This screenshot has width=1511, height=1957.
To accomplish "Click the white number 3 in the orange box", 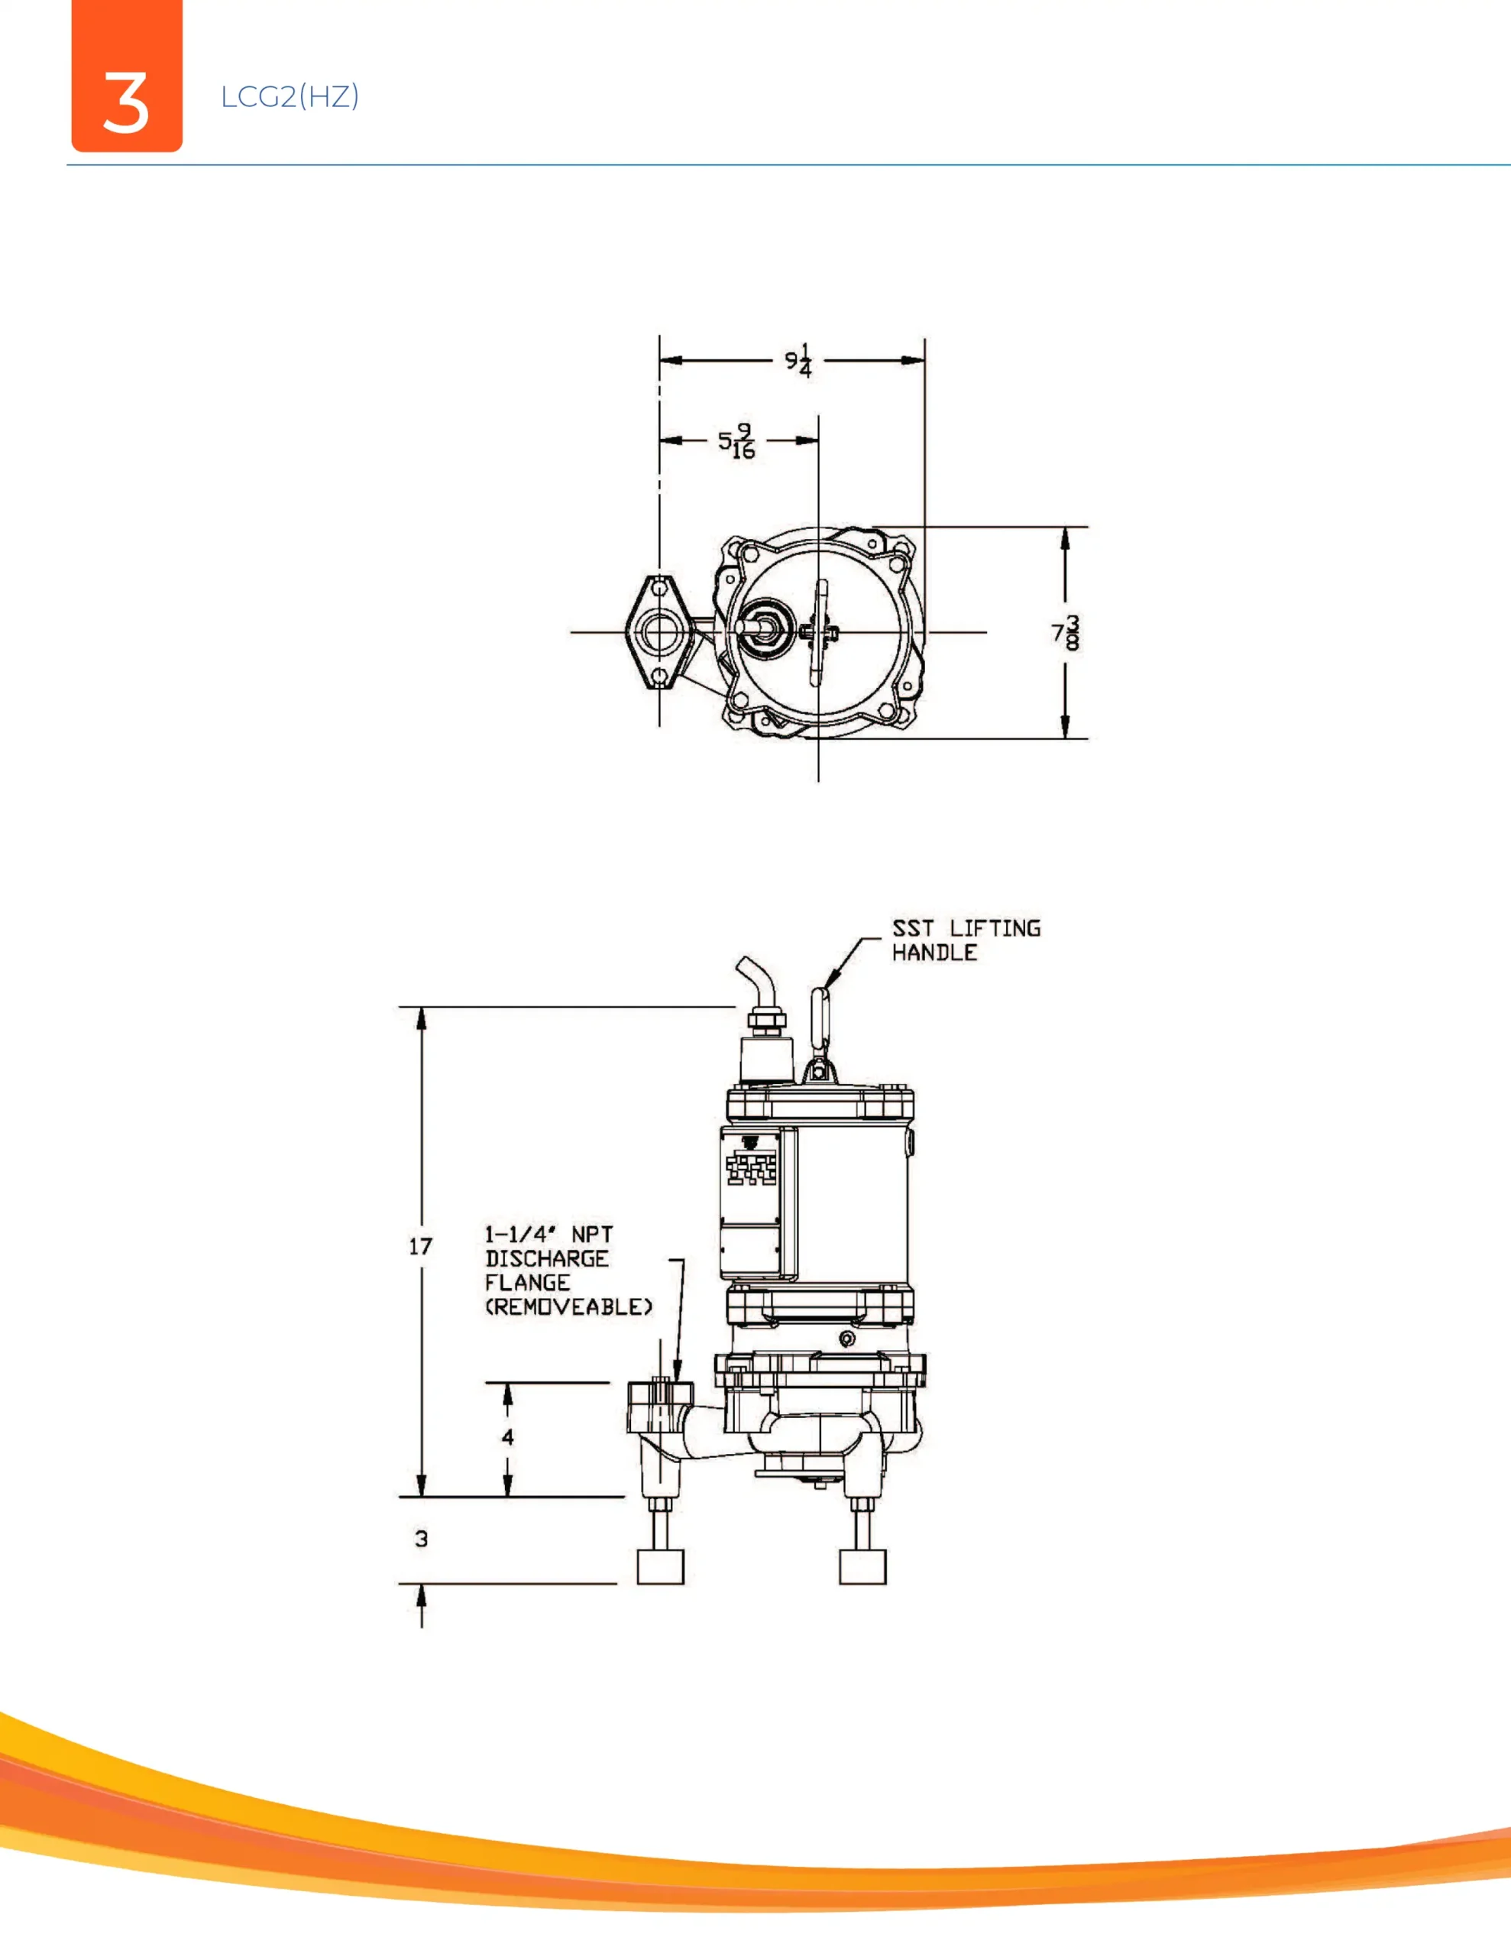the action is coord(125,103).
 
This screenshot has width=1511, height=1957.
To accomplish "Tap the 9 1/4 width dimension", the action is coord(799,360).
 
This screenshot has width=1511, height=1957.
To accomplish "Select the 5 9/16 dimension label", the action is coord(737,441).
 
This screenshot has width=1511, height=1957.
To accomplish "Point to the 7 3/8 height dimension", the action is coord(1066,633).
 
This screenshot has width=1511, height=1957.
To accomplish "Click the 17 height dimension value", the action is coord(420,1246).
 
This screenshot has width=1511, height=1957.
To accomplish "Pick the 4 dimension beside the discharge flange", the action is coord(508,1437).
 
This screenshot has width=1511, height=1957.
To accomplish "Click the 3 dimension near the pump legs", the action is coord(421,1539).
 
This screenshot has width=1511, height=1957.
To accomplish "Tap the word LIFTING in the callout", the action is coord(995,928).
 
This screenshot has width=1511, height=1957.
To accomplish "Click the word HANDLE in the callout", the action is coord(934,953).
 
